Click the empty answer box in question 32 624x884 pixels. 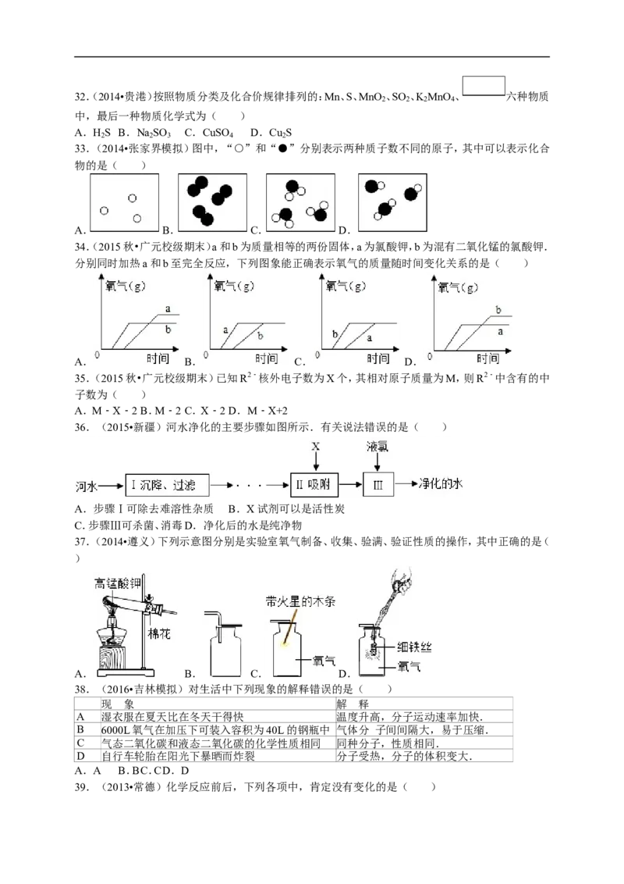pos(484,86)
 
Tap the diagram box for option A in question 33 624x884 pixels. pos(125,202)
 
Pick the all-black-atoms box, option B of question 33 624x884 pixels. pos(212,202)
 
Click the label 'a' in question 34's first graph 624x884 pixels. pos(168,308)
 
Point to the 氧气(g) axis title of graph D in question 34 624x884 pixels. pos(459,287)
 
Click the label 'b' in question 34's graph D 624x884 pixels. pos(498,309)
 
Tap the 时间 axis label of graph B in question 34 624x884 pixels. pos(267,358)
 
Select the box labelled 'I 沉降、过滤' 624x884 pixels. pos(167,485)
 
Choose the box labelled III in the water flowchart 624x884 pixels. pos(378,484)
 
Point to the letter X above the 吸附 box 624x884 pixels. pos(315,447)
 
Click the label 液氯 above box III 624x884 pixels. pos(378,447)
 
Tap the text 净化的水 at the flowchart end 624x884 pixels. pos(441,483)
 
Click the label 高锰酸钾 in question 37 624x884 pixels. pos(117,583)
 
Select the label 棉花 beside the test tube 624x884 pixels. pos(159,633)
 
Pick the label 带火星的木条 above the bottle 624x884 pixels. pos(300,601)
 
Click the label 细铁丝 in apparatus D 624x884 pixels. pos(414,647)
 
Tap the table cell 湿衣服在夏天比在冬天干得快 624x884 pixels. pos(172,717)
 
